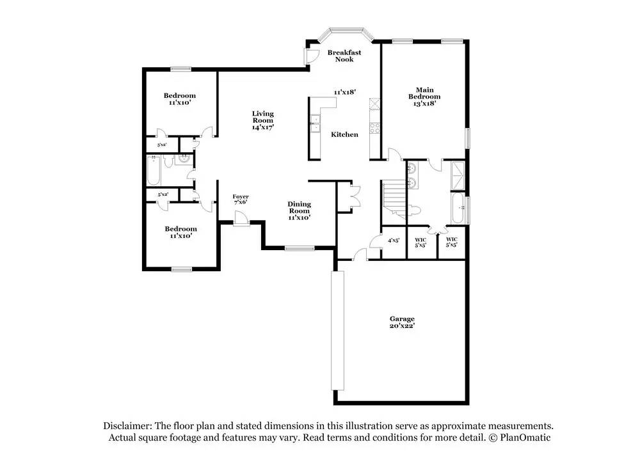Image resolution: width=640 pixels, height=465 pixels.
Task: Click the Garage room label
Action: pyautogui.click(x=402, y=322)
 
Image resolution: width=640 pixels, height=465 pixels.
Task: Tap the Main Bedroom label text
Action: pyautogui.click(x=424, y=96)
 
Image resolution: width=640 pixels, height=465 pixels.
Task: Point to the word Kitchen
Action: pyautogui.click(x=344, y=134)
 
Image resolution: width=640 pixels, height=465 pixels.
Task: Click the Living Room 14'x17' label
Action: pyautogui.click(x=262, y=120)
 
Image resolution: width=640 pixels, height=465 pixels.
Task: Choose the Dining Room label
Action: pyautogui.click(x=299, y=210)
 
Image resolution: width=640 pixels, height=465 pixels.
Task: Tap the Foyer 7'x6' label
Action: pyautogui.click(x=240, y=199)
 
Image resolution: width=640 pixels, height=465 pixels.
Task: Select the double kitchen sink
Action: pyautogui.click(x=315, y=123)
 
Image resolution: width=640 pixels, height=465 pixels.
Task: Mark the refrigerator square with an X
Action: pyautogui.click(x=375, y=103)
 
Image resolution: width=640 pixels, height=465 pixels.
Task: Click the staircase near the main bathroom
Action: pyautogui.click(x=393, y=195)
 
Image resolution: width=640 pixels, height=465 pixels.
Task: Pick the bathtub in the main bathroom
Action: pyautogui.click(x=458, y=209)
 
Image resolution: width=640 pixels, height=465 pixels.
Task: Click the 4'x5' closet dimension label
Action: pyautogui.click(x=394, y=241)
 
